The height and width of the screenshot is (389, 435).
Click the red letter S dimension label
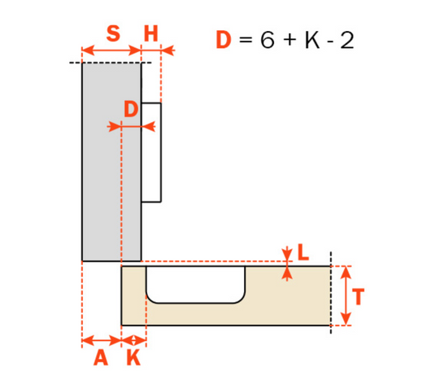[113, 34]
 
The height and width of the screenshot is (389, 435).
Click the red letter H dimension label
[151, 34]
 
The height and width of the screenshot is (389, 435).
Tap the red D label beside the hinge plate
[131, 108]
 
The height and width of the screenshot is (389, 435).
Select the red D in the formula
[224, 40]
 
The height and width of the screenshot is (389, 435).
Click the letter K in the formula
[312, 40]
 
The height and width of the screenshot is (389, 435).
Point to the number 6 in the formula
[267, 40]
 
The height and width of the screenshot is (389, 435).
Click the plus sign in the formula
[289, 41]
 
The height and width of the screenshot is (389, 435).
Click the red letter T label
[358, 297]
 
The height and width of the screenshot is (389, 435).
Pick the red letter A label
[100, 358]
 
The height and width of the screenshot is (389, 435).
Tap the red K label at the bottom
[133, 358]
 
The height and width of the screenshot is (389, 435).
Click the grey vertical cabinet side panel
[111, 163]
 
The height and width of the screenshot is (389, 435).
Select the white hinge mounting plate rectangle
[151, 152]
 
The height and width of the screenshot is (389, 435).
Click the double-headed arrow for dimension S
[111, 51]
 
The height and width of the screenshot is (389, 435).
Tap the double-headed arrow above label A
[102, 340]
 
